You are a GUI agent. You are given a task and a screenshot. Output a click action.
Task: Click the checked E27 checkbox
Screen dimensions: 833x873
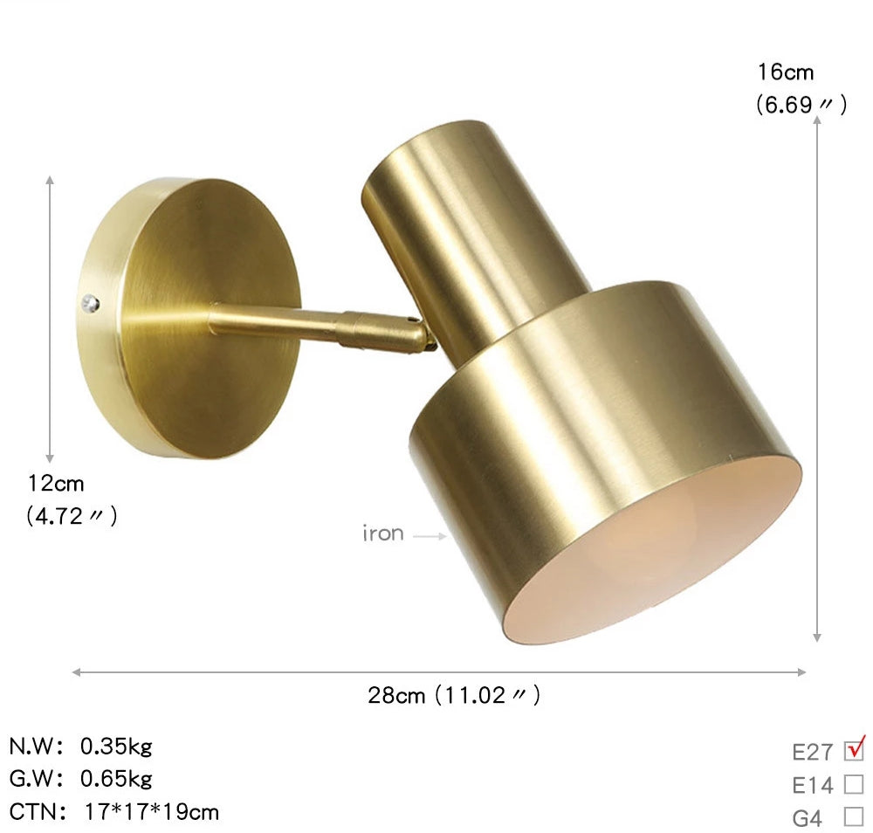[x=854, y=751]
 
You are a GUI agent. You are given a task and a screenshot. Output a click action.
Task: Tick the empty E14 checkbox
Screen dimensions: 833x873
[x=854, y=784]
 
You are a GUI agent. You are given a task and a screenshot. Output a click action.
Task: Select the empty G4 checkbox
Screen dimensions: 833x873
[x=854, y=817]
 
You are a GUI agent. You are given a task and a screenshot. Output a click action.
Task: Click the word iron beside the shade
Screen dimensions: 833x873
[x=383, y=534]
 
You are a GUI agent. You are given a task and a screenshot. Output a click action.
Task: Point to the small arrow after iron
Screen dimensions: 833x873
[x=430, y=536]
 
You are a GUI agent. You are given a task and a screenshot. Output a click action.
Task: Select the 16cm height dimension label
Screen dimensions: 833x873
[x=786, y=72]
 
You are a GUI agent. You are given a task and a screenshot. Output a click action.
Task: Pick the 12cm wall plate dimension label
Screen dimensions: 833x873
[x=56, y=483]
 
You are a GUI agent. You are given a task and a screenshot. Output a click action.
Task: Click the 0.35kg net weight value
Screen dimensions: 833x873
[x=116, y=747]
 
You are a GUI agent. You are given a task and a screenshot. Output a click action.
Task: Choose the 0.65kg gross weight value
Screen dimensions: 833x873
[x=116, y=778]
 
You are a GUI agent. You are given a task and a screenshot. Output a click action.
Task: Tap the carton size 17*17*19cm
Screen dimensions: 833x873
[x=152, y=812]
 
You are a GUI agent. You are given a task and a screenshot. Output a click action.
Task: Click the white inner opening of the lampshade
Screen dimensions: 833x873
[x=663, y=559]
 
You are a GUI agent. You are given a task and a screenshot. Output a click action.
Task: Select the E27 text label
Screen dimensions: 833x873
[x=812, y=753]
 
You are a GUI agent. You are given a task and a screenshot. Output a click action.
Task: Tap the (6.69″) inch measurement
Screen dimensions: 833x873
[x=801, y=106]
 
